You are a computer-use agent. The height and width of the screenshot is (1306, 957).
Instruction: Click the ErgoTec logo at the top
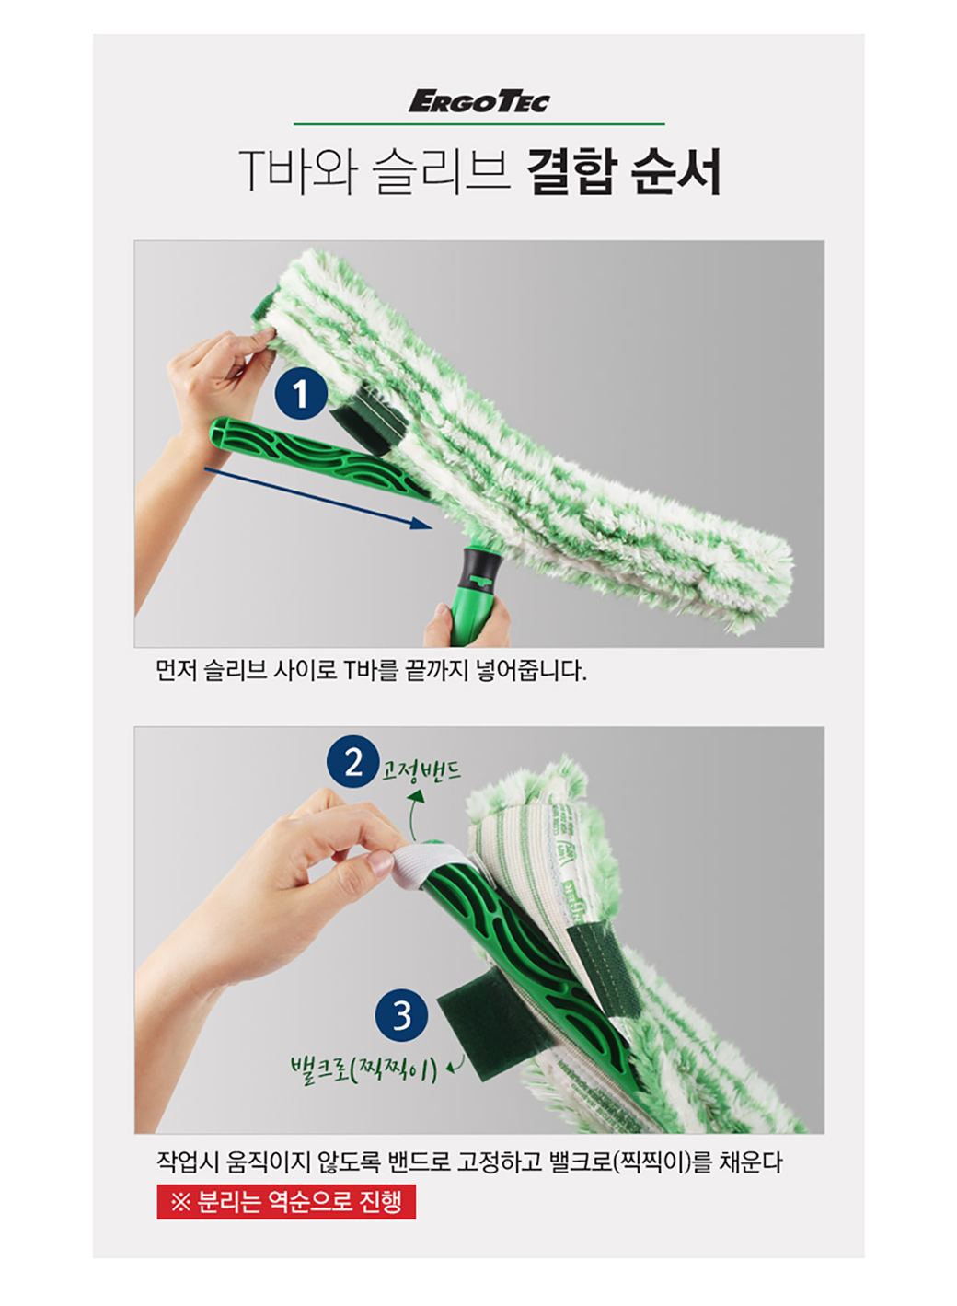478,102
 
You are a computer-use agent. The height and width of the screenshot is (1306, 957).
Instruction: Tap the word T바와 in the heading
296,171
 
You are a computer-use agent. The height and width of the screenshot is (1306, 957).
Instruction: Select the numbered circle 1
301,395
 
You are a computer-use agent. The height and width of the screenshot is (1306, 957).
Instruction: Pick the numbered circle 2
352,762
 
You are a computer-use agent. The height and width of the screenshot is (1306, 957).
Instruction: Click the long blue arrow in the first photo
318,498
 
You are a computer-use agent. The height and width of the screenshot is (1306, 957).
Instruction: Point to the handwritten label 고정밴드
421,770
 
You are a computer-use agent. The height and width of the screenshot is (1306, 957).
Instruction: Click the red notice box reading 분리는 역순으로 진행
286,1201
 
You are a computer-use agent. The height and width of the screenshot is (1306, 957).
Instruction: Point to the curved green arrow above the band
414,815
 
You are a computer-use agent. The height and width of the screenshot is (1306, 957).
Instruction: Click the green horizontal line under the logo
478,124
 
